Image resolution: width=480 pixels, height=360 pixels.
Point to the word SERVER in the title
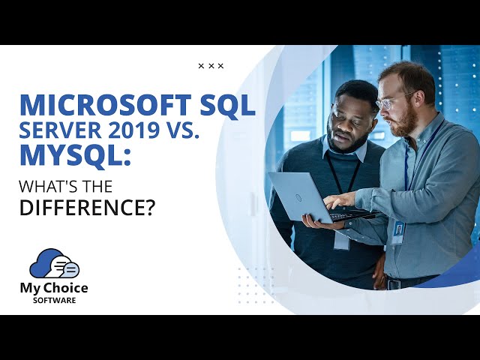(64, 131)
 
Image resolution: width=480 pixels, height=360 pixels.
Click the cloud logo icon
(54, 264)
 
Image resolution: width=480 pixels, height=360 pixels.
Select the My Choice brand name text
(54, 289)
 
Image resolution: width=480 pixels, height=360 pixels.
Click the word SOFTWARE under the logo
(54, 301)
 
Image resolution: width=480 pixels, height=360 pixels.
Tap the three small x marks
(211, 66)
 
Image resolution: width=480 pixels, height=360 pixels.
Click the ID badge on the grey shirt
(397, 231)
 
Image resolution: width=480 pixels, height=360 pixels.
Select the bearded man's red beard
(405, 121)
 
